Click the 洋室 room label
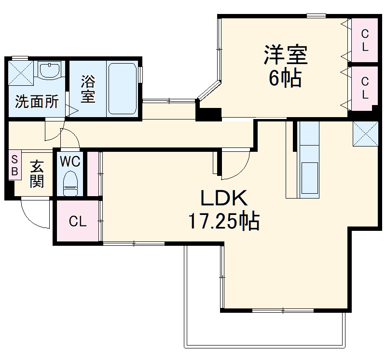pyautogui.click(x=285, y=55)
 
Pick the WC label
pyautogui.click(x=70, y=160)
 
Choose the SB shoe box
pyautogui.click(x=14, y=165)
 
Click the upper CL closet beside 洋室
pyautogui.click(x=365, y=40)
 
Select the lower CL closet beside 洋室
pyautogui.click(x=365, y=89)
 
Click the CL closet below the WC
pyautogui.click(x=77, y=222)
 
